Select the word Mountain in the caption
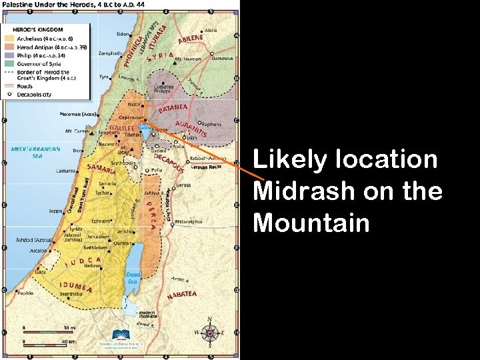tap(311, 223)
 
